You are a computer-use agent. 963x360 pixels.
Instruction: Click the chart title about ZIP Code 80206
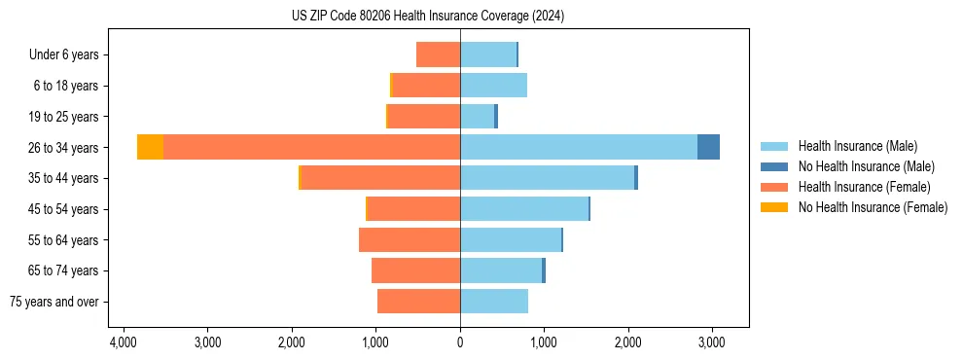pyautogui.click(x=427, y=17)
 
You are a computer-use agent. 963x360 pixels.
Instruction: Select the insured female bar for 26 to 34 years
pyautogui.click(x=311, y=147)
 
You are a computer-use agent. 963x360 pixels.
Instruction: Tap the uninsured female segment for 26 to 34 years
pyautogui.click(x=150, y=147)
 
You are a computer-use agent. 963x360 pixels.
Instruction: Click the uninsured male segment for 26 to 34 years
pyautogui.click(x=708, y=147)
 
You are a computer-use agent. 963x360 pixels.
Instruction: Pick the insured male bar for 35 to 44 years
pyautogui.click(x=547, y=178)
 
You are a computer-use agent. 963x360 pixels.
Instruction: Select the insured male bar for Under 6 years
pyautogui.click(x=488, y=54)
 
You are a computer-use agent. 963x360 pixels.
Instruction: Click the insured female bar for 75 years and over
pyautogui.click(x=418, y=302)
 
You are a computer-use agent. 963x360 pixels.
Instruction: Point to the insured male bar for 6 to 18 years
pyautogui.click(x=493, y=86)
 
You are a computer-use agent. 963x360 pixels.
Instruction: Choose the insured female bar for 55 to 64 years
pyautogui.click(x=410, y=239)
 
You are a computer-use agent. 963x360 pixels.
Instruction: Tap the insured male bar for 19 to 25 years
pyautogui.click(x=477, y=117)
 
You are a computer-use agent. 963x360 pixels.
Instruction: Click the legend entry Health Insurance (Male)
pyautogui.click(x=857, y=146)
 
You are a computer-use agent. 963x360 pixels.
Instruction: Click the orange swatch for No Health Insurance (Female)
pyautogui.click(x=774, y=207)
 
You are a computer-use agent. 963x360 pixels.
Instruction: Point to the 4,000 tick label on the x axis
pyautogui.click(x=124, y=342)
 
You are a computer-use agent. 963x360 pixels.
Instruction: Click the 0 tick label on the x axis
pyautogui.click(x=460, y=342)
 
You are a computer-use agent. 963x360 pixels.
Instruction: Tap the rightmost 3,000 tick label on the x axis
pyautogui.click(x=711, y=342)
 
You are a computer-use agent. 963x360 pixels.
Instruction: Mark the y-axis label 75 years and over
pyautogui.click(x=54, y=302)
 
